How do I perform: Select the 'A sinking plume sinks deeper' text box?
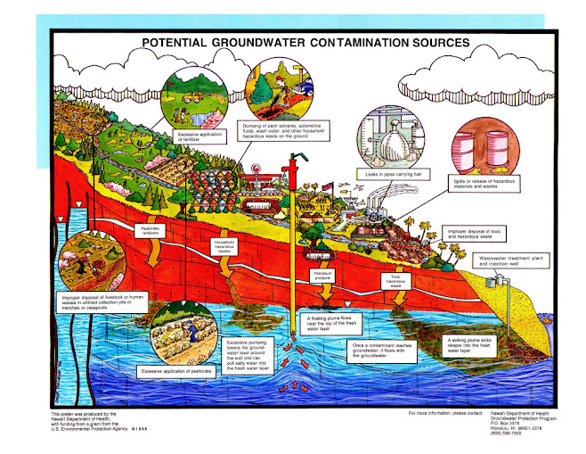[468, 343]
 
